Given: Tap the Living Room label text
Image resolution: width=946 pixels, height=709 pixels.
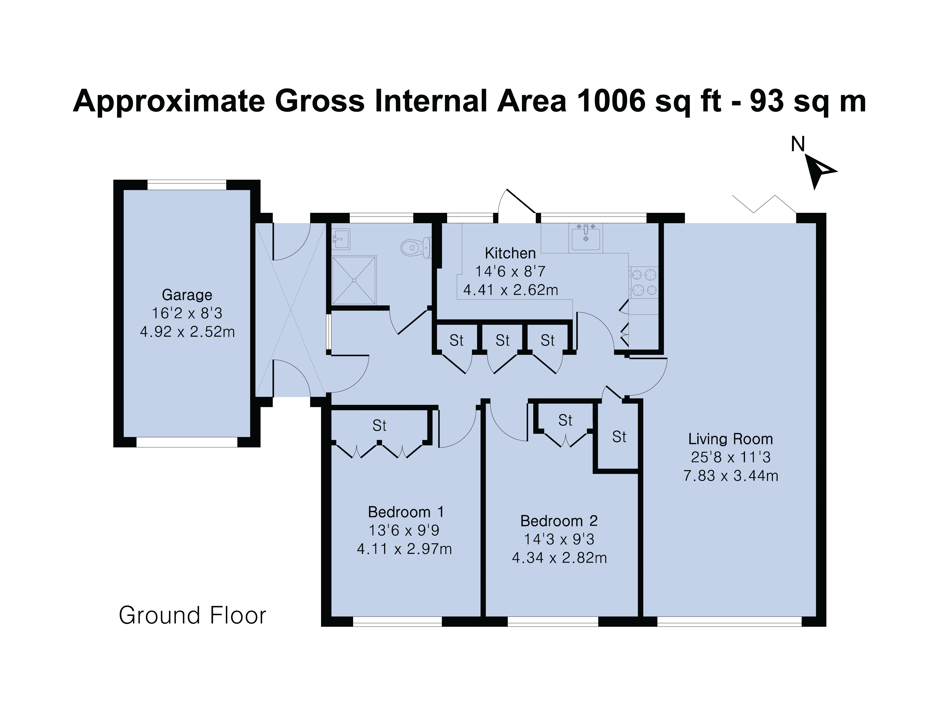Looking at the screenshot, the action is click(730, 439).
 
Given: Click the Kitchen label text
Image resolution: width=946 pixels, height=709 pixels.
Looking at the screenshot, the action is click(510, 253).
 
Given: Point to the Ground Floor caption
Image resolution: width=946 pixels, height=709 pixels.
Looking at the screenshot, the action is click(192, 615).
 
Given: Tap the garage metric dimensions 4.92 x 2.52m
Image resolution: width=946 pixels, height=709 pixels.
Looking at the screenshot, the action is click(187, 332).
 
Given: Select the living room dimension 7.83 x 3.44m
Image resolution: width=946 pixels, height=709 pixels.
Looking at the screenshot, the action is click(730, 476).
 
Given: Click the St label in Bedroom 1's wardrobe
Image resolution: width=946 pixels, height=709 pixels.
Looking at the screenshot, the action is click(379, 426).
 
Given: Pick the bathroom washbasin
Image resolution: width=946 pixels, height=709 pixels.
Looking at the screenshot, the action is click(341, 239).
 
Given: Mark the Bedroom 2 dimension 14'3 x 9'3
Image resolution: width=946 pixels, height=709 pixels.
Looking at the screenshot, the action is click(559, 539).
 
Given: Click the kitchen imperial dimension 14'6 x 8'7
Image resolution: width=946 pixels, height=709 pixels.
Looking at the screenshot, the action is click(510, 271).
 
